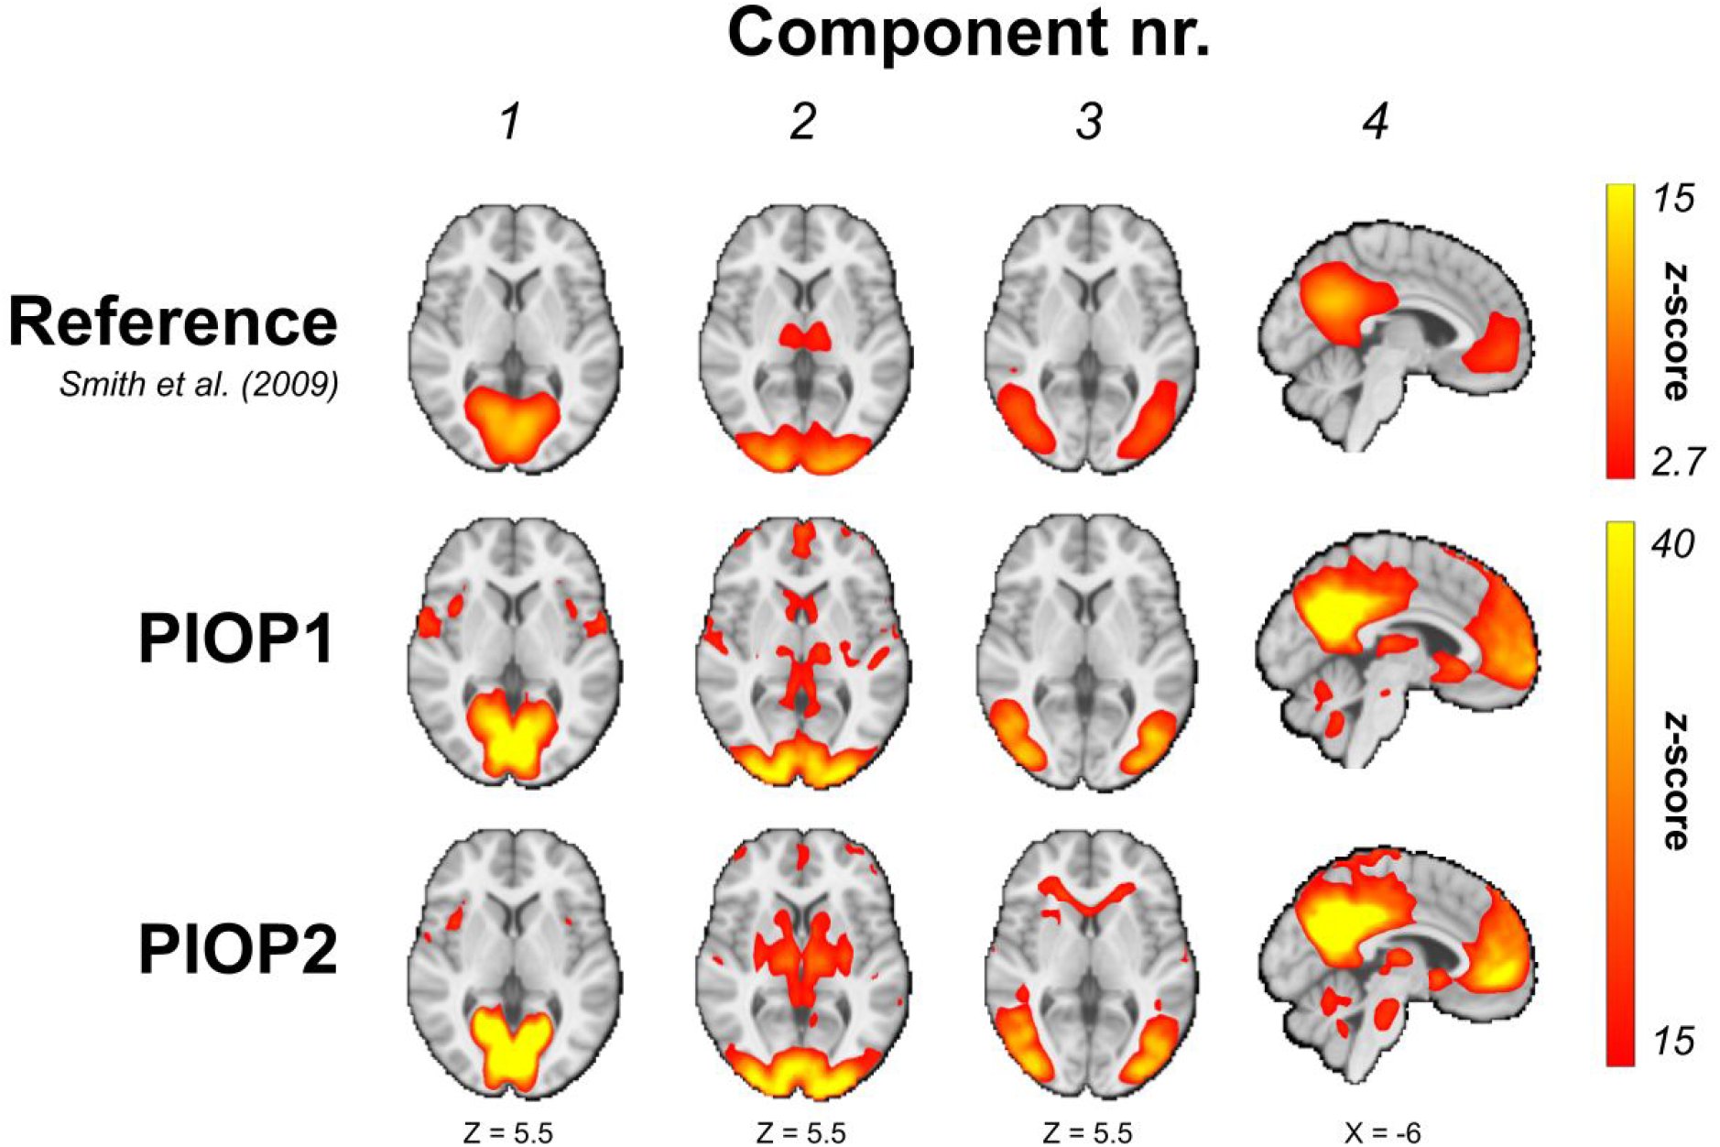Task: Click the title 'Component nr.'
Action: pos(968,34)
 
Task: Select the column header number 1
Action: pos(510,122)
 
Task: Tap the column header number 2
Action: pos(802,122)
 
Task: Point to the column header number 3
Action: pos(1089,122)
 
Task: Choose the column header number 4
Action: pos(1376,122)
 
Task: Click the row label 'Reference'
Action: pos(173,322)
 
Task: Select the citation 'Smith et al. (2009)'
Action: pos(199,384)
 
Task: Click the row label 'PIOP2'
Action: pos(237,949)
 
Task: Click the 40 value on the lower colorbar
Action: pos(1672,544)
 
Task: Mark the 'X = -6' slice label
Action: pos(1382,1132)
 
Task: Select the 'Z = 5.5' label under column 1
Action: pos(508,1132)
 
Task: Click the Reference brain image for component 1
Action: pos(514,339)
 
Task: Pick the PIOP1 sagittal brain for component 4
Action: pos(1396,651)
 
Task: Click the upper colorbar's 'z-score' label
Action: pos(1675,333)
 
